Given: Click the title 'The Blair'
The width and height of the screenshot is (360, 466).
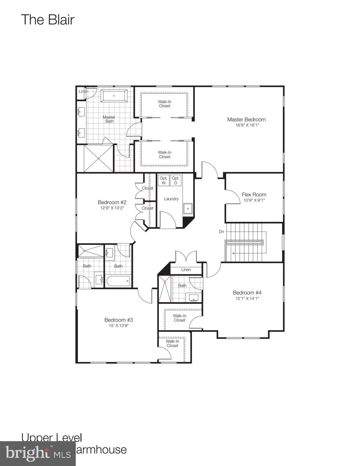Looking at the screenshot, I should pyautogui.click(x=48, y=20).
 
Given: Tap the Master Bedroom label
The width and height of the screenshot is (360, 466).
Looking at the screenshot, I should pyautogui.click(x=246, y=120).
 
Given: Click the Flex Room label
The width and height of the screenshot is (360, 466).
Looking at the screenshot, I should pyautogui.click(x=254, y=194).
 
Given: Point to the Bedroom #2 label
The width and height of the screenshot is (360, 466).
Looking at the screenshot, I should pyautogui.click(x=112, y=202).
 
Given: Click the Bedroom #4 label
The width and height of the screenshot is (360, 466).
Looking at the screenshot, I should pyautogui.click(x=247, y=292).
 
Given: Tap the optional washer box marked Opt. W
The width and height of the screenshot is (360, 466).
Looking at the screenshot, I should pyautogui.click(x=163, y=181).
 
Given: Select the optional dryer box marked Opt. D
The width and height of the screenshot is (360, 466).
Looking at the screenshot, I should pyautogui.click(x=176, y=181).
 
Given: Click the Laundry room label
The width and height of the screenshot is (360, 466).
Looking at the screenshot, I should pyautogui.click(x=171, y=199).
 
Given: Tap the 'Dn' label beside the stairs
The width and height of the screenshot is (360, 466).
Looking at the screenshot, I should pyautogui.click(x=221, y=231).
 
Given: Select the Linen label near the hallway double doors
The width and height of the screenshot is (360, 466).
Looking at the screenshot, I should pyautogui.click(x=186, y=269).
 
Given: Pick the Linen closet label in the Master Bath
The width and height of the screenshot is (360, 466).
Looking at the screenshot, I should pyautogui.click(x=83, y=91).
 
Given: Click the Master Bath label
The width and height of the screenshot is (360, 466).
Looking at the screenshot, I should pyautogui.click(x=109, y=119).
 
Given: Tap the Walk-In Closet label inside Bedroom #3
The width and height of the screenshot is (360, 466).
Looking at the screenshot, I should pyautogui.click(x=172, y=343).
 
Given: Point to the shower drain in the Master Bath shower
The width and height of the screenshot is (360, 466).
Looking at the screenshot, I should pyautogui.click(x=98, y=158).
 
